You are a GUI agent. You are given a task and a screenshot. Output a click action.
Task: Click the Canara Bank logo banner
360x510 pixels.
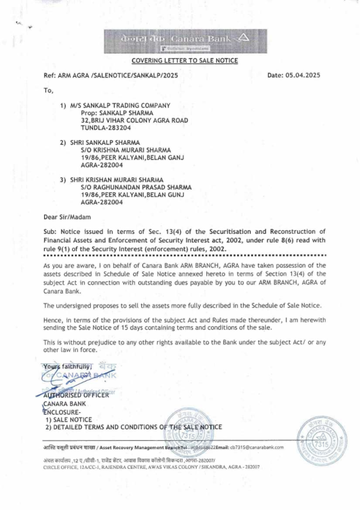(185, 41)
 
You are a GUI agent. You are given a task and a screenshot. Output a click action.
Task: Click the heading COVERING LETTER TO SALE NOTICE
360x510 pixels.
(185, 60)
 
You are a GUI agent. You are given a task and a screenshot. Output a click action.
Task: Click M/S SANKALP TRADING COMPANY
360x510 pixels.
(120, 105)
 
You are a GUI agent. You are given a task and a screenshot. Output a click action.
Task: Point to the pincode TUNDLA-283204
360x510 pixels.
(106, 128)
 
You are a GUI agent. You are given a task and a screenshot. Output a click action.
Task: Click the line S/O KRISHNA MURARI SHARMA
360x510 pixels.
(126, 150)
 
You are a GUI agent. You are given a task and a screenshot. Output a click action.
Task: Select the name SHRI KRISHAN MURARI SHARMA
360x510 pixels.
(117, 180)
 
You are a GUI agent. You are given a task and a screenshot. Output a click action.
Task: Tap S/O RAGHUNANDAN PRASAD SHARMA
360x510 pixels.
(136, 188)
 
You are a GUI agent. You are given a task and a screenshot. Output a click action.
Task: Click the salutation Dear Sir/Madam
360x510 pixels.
(67, 217)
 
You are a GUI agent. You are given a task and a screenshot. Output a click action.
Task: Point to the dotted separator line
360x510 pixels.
(184, 255)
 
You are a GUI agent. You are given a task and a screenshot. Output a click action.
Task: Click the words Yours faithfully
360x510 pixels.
(68, 367)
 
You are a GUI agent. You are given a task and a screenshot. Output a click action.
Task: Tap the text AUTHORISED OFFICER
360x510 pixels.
(76, 395)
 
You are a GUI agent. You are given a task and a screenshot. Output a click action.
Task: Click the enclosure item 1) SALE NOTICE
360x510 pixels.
(69, 420)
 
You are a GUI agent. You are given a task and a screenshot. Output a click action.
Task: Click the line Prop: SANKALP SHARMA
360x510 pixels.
(117, 113)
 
